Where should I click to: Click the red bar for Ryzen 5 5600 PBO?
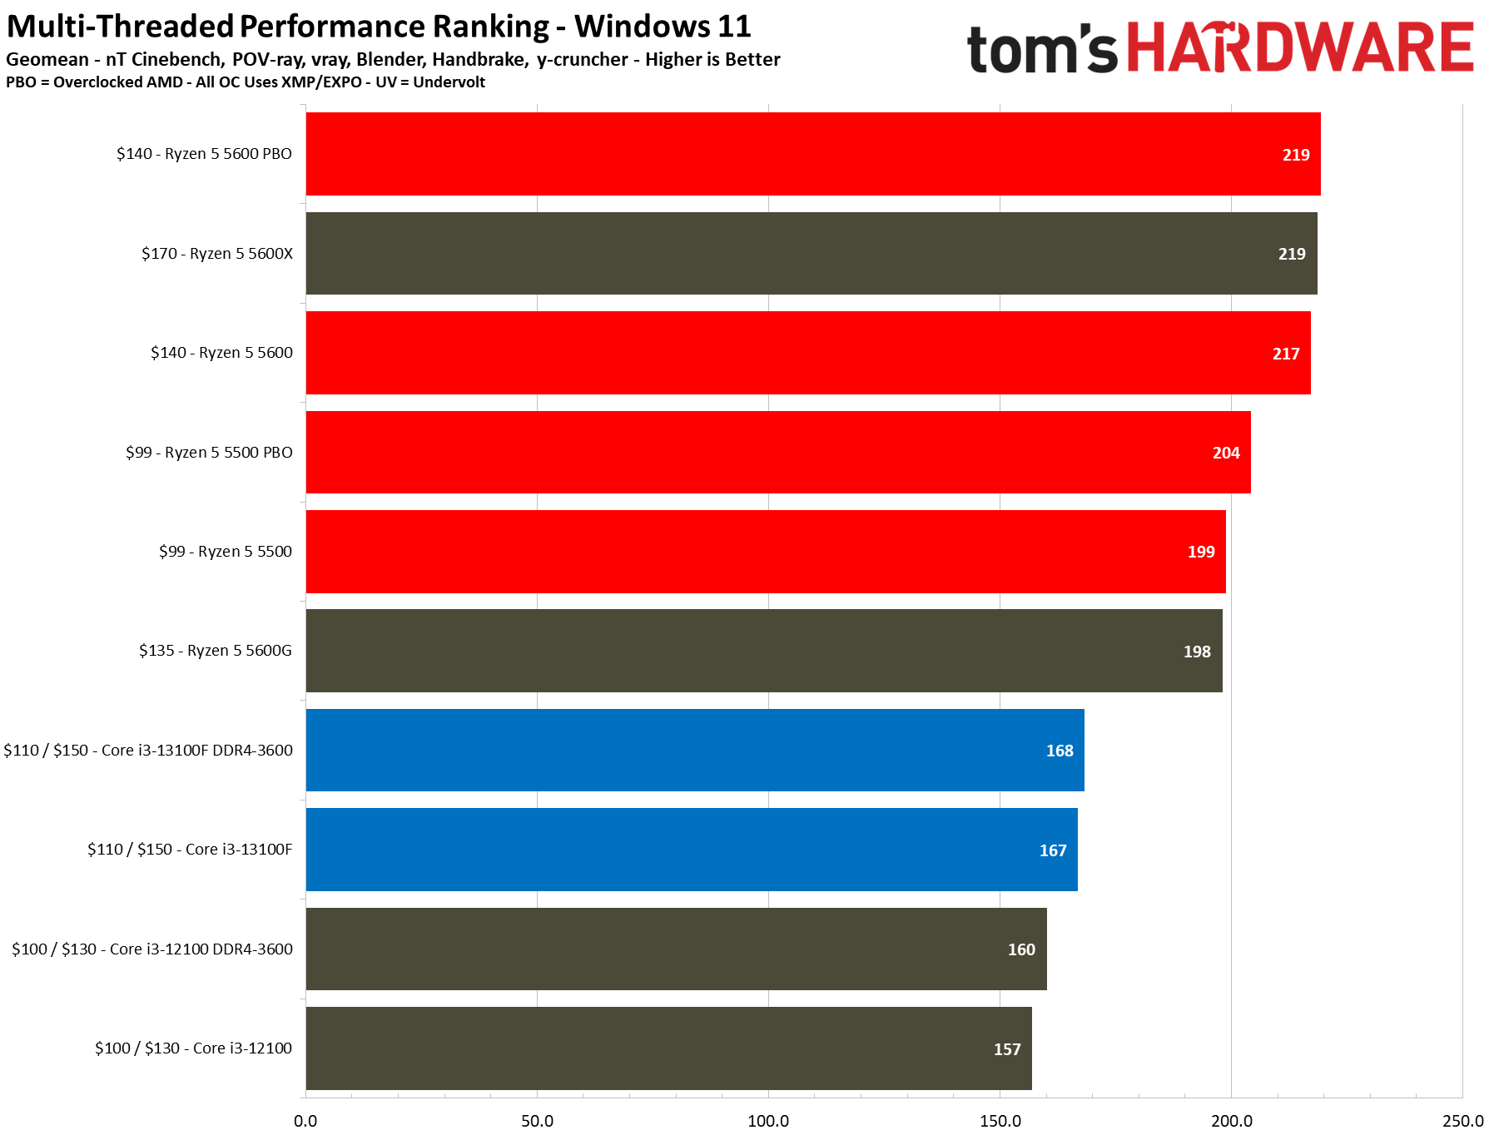812,154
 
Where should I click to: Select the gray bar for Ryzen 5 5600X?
811,253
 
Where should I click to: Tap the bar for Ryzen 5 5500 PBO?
777,452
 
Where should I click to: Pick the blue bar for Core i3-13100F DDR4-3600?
694,750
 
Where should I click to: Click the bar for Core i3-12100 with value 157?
668,1048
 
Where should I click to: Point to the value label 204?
1225,453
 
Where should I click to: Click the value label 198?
1197,652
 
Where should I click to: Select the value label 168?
1059,751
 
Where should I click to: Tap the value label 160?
1021,949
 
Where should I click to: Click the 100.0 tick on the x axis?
768,1120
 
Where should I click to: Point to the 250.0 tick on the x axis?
1462,1120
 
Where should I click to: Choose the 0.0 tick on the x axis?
305,1120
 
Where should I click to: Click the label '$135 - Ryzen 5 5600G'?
216,650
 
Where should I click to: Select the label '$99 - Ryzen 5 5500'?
226,551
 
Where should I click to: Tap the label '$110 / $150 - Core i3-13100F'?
190,849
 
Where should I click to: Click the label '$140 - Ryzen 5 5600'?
221,352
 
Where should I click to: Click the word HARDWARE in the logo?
1300,47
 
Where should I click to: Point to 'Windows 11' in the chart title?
663,27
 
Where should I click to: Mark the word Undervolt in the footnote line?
449,82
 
